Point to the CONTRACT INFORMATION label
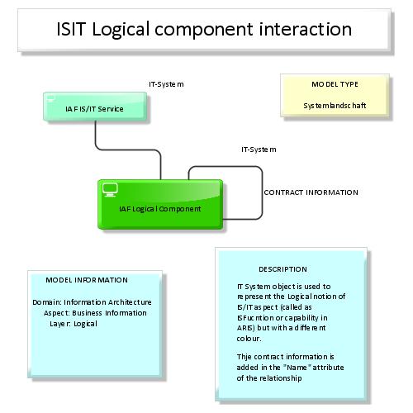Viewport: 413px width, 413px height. [x=311, y=192]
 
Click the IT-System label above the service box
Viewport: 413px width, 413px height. [x=165, y=84]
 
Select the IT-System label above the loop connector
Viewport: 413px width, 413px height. [x=258, y=150]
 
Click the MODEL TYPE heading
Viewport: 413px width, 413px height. [x=335, y=84]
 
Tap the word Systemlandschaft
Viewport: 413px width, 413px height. [x=335, y=106]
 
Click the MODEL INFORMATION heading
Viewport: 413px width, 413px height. [x=87, y=280]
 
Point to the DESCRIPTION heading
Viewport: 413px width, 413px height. [x=282, y=269]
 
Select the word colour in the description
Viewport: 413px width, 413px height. [x=249, y=339]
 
